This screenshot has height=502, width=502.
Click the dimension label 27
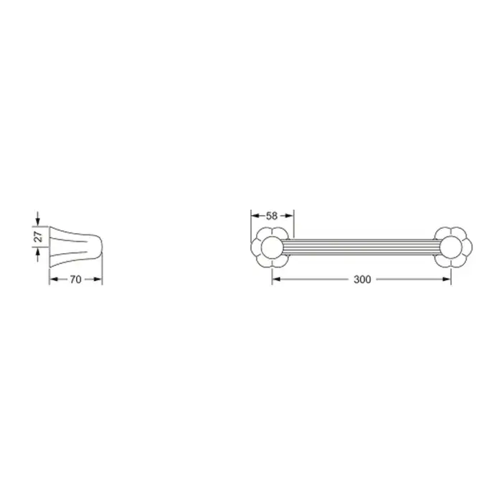pyautogui.click(x=38, y=237)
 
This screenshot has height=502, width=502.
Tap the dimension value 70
pyautogui.click(x=75, y=280)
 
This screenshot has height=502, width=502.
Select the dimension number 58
pyautogui.click(x=272, y=216)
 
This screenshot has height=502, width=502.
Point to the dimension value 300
pyautogui.click(x=362, y=280)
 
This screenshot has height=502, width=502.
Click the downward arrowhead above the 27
pyautogui.click(x=38, y=222)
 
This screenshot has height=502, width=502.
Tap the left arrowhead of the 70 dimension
pyautogui.click(x=54, y=280)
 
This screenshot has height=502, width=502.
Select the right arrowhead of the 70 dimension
pyautogui.click(x=98, y=280)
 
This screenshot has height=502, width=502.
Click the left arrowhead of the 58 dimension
pyautogui.click(x=255, y=216)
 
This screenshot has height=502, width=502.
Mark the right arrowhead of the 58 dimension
pyautogui.click(x=289, y=216)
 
